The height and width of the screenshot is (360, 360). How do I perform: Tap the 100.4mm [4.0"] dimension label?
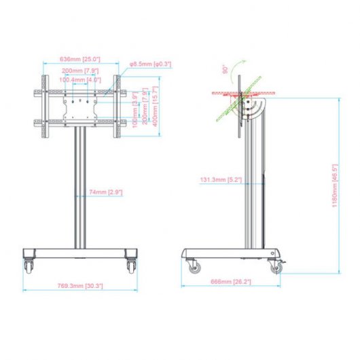(80, 79)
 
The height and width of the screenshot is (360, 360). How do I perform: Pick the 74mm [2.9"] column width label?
(105, 192)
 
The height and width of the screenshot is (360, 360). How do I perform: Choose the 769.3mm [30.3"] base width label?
(81, 287)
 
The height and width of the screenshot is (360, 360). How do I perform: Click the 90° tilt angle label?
(221, 70)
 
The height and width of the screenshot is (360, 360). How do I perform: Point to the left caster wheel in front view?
(29, 265)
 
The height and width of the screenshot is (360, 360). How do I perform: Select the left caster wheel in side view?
(194, 266)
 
